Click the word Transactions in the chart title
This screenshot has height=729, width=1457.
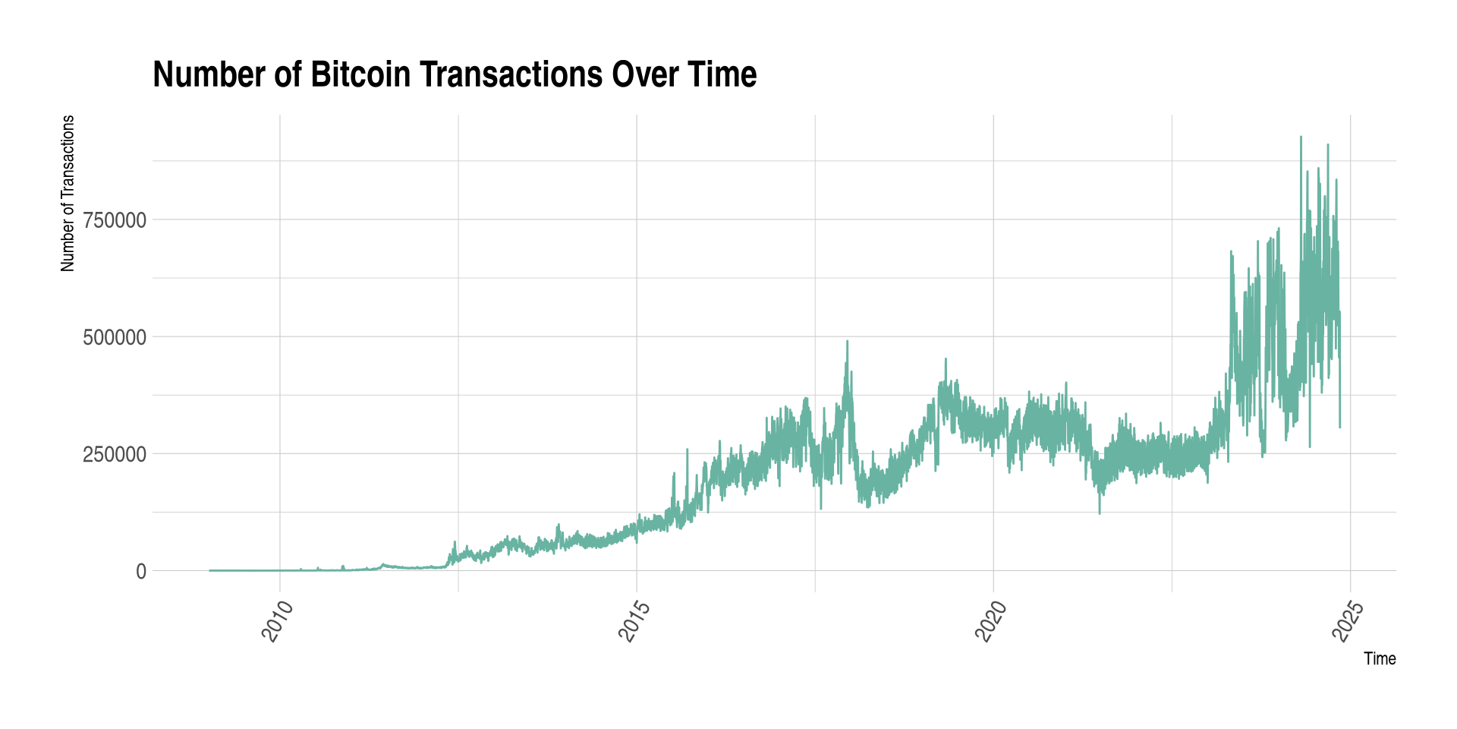tap(511, 74)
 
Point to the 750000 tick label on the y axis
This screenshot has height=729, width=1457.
tap(115, 220)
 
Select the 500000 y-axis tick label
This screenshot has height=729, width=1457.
tap(115, 337)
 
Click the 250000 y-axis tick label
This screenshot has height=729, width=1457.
tap(115, 454)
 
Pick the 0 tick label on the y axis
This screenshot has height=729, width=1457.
tap(141, 571)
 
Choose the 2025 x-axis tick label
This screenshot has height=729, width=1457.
tap(1347, 621)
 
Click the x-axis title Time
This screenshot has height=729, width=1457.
tap(1380, 658)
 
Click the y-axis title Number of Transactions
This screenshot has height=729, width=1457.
tap(68, 193)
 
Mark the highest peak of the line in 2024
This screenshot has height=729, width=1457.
tap(1301, 137)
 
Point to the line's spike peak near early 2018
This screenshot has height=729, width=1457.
tap(847, 342)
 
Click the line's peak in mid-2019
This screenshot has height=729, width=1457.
tap(946, 359)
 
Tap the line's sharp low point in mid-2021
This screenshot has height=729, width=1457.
tap(1100, 513)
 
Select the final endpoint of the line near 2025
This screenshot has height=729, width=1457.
tap(1340, 427)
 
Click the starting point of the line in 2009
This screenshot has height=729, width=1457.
tap(210, 570)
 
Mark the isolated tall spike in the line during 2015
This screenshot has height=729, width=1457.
tap(687, 450)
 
